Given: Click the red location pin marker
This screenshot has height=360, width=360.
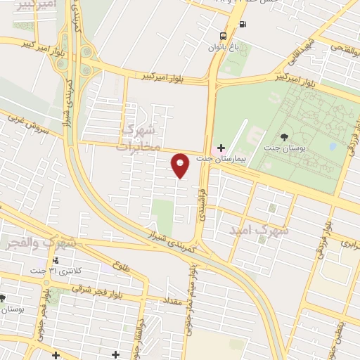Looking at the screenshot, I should point(181,165).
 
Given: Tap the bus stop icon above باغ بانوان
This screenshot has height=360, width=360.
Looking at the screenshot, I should point(224,36).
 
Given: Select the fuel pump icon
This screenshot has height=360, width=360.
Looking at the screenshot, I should point(243,25).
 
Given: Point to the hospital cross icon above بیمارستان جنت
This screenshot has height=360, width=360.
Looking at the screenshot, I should point(221,148).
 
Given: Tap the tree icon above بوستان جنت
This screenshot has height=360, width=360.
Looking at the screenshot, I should point(284,137).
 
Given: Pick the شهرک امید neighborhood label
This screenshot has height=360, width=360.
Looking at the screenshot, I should point(260,230).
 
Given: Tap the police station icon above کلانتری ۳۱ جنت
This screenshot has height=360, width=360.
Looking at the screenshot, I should point(56,261).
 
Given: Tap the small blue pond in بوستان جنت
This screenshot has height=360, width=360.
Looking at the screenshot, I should point(332,148).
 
